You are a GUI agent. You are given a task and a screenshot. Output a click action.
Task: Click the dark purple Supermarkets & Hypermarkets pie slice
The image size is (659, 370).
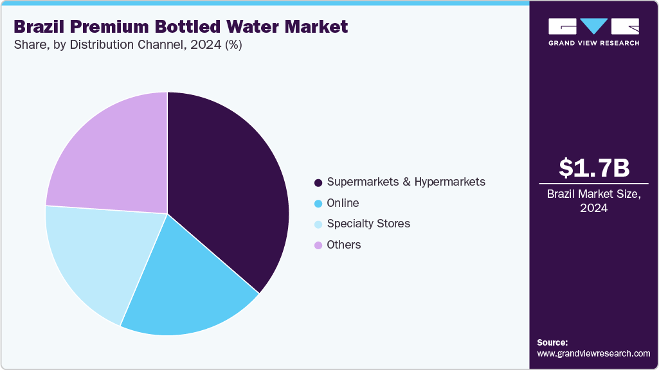[x=225, y=186]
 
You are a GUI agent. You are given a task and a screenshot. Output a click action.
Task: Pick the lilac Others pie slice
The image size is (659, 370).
[x=109, y=154]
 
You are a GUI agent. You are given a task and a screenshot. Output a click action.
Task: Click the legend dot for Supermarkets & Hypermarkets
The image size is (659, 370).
[x=318, y=182]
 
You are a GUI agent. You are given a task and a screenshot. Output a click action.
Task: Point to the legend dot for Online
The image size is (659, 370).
[x=318, y=204]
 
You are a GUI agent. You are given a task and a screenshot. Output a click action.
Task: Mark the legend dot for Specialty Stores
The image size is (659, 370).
[x=318, y=224]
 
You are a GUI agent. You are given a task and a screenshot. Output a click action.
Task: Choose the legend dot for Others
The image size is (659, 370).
[x=318, y=245]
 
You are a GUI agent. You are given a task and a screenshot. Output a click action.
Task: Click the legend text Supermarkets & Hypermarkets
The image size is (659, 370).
[x=406, y=182]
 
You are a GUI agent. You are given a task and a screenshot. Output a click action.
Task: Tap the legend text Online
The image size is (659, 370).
[x=343, y=203]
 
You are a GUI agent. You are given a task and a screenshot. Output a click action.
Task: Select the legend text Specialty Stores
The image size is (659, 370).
[x=368, y=224]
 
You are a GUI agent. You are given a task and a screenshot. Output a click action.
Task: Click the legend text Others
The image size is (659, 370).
[x=344, y=245]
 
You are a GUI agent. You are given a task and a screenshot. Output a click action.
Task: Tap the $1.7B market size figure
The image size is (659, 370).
[x=594, y=168]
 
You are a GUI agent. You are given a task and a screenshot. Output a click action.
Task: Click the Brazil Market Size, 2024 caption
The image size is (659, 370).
[x=594, y=201]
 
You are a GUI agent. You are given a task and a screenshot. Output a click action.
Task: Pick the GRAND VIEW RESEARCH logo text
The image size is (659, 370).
[x=594, y=43]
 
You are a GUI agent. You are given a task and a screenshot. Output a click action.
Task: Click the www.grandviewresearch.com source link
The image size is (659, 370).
[x=593, y=353]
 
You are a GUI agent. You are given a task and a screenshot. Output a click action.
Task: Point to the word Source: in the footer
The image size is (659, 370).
[x=552, y=342]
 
